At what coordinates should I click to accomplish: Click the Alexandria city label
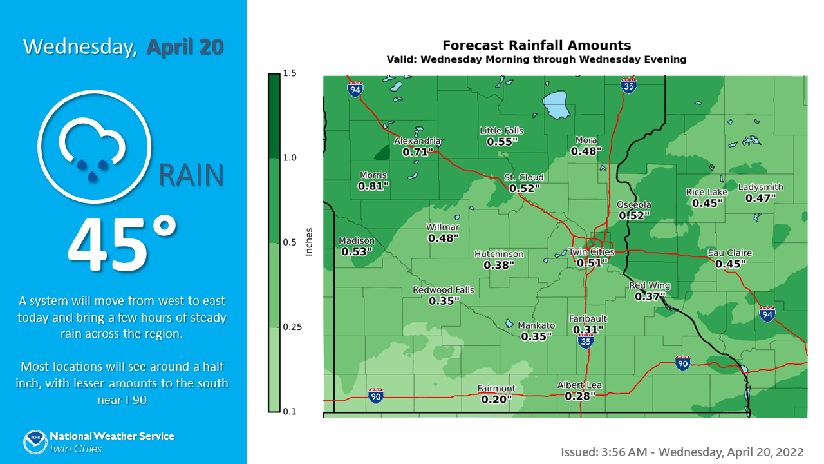point(417,141)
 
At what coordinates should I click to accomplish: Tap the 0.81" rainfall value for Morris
point(373,186)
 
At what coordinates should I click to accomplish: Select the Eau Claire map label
point(729,253)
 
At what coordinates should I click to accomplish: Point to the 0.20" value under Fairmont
point(496,400)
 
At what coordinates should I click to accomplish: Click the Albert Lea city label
point(579,385)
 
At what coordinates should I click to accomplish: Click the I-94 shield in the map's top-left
point(355,89)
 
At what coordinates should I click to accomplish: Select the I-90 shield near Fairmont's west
point(376,395)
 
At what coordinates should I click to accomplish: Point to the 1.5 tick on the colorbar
point(289,73)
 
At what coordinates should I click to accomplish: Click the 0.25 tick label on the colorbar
point(292,327)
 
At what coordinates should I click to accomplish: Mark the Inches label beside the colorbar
point(308,242)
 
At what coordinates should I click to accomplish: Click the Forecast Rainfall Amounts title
point(536,46)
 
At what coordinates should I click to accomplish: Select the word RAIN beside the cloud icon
point(191,175)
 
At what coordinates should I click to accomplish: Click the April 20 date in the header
point(185,47)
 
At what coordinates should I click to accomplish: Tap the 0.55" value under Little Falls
point(502,142)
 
